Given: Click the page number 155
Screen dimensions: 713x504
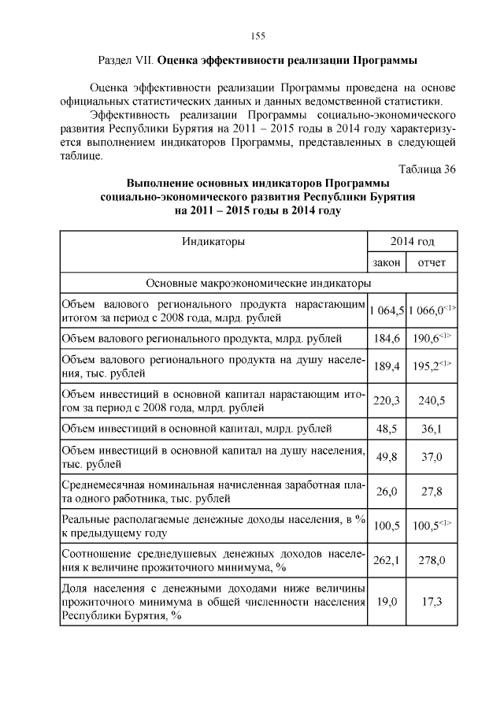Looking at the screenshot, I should (257, 35).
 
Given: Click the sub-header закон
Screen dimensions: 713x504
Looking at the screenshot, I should (387, 262).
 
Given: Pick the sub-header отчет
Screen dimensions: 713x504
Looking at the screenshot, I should (431, 262).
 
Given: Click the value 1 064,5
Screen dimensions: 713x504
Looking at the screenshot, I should (387, 311).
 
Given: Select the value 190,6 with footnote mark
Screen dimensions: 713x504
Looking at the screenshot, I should (429, 339).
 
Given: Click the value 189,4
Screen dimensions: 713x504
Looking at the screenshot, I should (387, 366).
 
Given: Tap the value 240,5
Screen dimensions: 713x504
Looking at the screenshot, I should (431, 401).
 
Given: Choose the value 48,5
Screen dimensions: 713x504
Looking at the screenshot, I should (387, 429).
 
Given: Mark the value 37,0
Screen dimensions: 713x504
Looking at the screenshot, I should (431, 457).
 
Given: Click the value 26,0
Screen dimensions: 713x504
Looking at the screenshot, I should (387, 491).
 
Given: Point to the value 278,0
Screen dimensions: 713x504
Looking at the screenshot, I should (431, 560).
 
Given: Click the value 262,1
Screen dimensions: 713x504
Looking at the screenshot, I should (387, 560).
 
